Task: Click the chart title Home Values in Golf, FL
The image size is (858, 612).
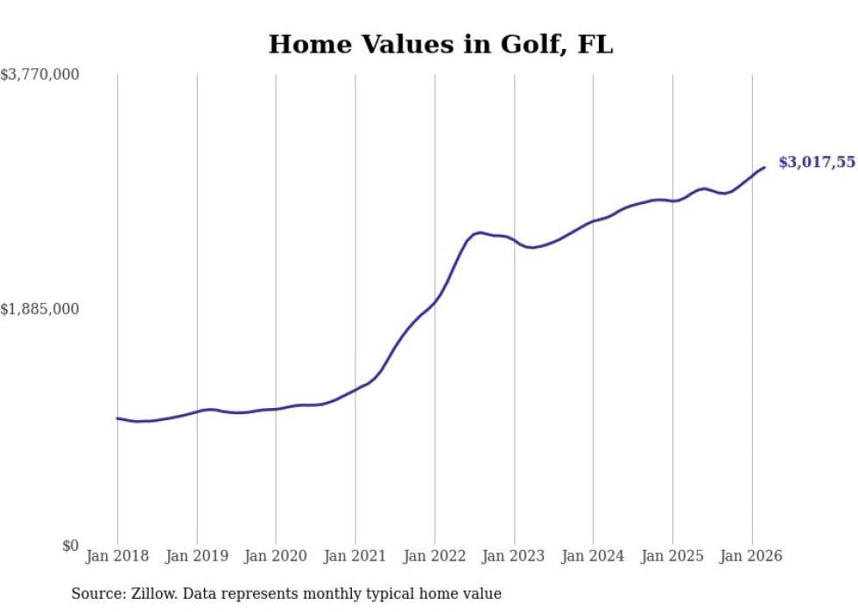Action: pos(440,45)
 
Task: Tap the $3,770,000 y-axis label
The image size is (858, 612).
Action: pos(40,75)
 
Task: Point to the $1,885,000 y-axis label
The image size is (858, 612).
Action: pos(40,309)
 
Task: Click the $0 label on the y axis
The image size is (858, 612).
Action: pos(70,546)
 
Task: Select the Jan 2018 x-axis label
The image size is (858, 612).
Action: pos(117,556)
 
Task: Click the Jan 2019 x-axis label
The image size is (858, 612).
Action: pos(197,556)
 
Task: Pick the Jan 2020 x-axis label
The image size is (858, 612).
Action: pos(276,556)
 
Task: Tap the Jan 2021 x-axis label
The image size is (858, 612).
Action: pos(355,556)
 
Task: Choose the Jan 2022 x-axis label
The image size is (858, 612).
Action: pos(434,556)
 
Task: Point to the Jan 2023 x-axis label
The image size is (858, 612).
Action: pos(514,556)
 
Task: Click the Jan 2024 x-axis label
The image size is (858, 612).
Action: pos(593,556)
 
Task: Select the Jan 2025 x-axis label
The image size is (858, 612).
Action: pos(672,556)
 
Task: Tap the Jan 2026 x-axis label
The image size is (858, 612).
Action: pos(751,556)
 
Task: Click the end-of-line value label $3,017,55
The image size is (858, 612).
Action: pos(817,162)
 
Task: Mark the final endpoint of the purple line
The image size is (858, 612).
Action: pos(764,167)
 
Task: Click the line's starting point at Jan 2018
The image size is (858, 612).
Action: pos(117,419)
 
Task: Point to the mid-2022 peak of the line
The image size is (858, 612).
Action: pos(479,232)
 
